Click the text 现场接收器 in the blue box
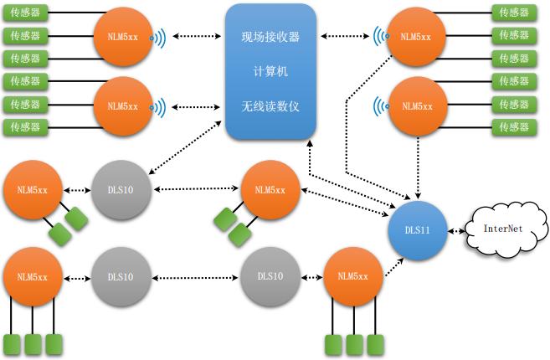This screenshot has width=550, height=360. (270, 37)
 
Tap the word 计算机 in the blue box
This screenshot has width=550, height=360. (270, 71)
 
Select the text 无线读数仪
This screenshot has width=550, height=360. (270, 106)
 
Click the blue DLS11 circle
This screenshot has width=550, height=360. (418, 230)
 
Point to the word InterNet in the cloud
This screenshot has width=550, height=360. (503, 229)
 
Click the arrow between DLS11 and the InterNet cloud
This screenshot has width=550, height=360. (456, 231)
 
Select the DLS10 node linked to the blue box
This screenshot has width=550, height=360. (121, 190)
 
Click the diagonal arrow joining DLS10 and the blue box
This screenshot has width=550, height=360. (185, 147)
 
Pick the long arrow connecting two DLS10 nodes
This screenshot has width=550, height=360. (195, 278)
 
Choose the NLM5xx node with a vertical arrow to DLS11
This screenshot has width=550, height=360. (418, 106)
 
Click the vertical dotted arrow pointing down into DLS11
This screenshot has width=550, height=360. (418, 167)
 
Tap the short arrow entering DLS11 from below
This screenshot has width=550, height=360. (394, 267)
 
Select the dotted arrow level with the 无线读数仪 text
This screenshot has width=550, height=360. (196, 106)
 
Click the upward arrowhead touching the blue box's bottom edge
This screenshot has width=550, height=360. (310, 143)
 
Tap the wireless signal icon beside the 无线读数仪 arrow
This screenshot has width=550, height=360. (157, 107)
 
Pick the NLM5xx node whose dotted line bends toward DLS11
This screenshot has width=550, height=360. (416, 37)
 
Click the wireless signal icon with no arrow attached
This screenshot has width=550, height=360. (381, 106)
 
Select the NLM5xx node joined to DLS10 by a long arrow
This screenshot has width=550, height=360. (270, 190)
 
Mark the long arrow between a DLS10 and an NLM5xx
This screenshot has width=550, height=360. (196, 189)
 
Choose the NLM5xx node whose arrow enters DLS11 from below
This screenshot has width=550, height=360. (353, 276)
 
